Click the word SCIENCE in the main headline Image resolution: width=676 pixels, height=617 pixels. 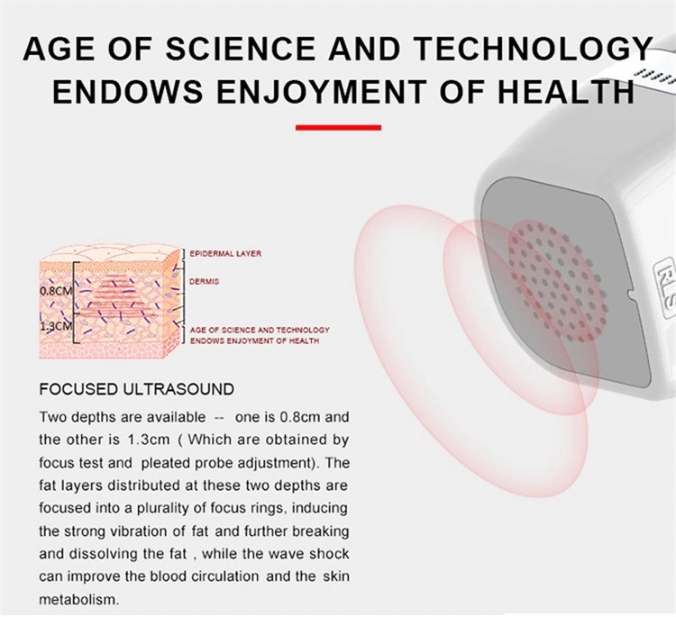pyautogui.click(x=241, y=49)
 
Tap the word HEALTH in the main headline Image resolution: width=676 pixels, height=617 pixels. pyautogui.click(x=566, y=91)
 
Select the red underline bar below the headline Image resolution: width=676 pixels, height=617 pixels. pyautogui.click(x=338, y=128)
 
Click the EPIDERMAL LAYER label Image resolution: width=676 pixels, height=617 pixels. pyautogui.click(x=225, y=253)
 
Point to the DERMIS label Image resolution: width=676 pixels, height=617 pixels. pyautogui.click(x=205, y=281)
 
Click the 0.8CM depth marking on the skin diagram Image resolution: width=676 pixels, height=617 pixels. pyautogui.click(x=56, y=291)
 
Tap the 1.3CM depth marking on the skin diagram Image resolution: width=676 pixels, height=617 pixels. pyautogui.click(x=56, y=326)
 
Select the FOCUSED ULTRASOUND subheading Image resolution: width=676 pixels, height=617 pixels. pyautogui.click(x=137, y=389)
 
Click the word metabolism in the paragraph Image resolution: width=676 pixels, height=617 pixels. pyautogui.click(x=78, y=599)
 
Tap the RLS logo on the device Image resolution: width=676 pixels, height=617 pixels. pyautogui.click(x=666, y=283)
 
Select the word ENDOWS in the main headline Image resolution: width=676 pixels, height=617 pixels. pyautogui.click(x=128, y=91)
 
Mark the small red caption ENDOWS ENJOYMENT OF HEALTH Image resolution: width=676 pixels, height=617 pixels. pyautogui.click(x=254, y=340)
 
